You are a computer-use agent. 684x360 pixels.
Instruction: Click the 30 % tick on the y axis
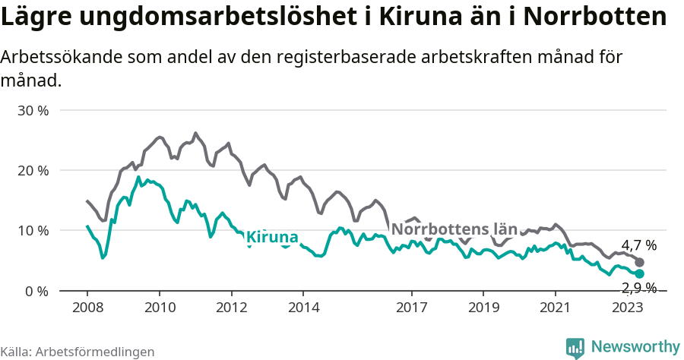pyautogui.click(x=33, y=110)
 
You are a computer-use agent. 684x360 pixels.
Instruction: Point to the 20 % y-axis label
pyautogui.click(x=33, y=170)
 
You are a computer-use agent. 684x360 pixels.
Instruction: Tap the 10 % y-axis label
pyautogui.click(x=33, y=230)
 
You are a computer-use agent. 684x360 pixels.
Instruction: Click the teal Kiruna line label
pyautogui.click(x=273, y=237)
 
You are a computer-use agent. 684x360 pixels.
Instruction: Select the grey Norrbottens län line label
pyautogui.click(x=454, y=229)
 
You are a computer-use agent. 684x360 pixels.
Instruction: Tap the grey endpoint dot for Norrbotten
pyautogui.click(x=639, y=262)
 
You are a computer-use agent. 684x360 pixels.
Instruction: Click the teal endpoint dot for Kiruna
pyautogui.click(x=639, y=273)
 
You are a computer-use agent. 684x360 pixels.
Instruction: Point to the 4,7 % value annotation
pyautogui.click(x=639, y=245)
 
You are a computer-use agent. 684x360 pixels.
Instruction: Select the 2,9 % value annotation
pyautogui.click(x=639, y=287)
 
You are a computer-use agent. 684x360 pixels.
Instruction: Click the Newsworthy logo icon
pyautogui.click(x=575, y=348)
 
